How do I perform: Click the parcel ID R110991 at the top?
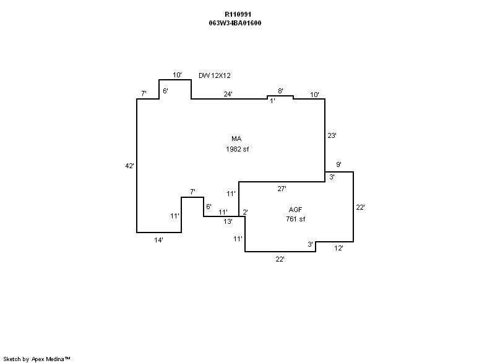[238, 14]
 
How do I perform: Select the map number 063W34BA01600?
[238, 23]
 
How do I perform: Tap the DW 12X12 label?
[215, 75]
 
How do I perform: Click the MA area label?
[236, 139]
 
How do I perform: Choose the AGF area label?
[295, 210]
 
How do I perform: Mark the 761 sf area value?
[295, 220]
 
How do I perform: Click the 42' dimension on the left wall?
[129, 166]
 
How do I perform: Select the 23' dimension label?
[331, 135]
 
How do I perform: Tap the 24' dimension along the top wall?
[228, 94]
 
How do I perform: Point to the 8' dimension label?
[280, 91]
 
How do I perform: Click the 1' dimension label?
[272, 101]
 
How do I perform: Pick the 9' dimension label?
[338, 164]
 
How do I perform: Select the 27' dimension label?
[282, 187]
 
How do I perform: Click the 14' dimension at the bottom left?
[158, 240]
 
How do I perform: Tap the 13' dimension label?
[228, 221]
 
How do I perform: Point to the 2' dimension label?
[245, 212]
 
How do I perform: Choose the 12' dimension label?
[338, 248]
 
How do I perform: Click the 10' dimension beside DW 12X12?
[177, 75]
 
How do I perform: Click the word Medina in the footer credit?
[55, 359]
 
